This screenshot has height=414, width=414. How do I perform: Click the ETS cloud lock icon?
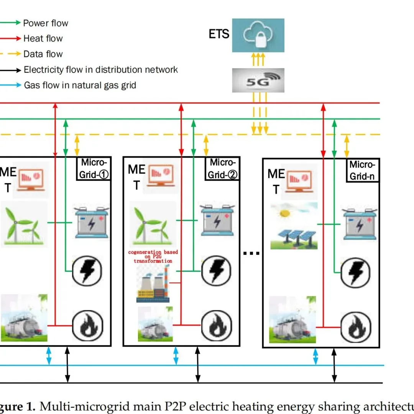click(x=258, y=35)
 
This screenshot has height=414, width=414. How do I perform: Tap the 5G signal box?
click(x=258, y=80)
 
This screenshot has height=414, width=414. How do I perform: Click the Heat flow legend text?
click(x=43, y=38)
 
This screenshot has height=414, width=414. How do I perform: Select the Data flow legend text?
click(x=43, y=54)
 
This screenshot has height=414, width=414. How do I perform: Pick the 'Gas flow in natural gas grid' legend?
click(x=80, y=85)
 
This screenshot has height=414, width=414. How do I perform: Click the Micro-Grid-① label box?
click(x=94, y=168)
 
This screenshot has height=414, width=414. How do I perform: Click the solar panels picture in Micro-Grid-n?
click(x=294, y=226)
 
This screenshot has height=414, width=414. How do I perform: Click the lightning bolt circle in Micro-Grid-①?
click(x=88, y=270)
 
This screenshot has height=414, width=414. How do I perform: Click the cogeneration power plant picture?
click(x=153, y=284)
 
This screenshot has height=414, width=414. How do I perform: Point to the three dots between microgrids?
click(x=252, y=253)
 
